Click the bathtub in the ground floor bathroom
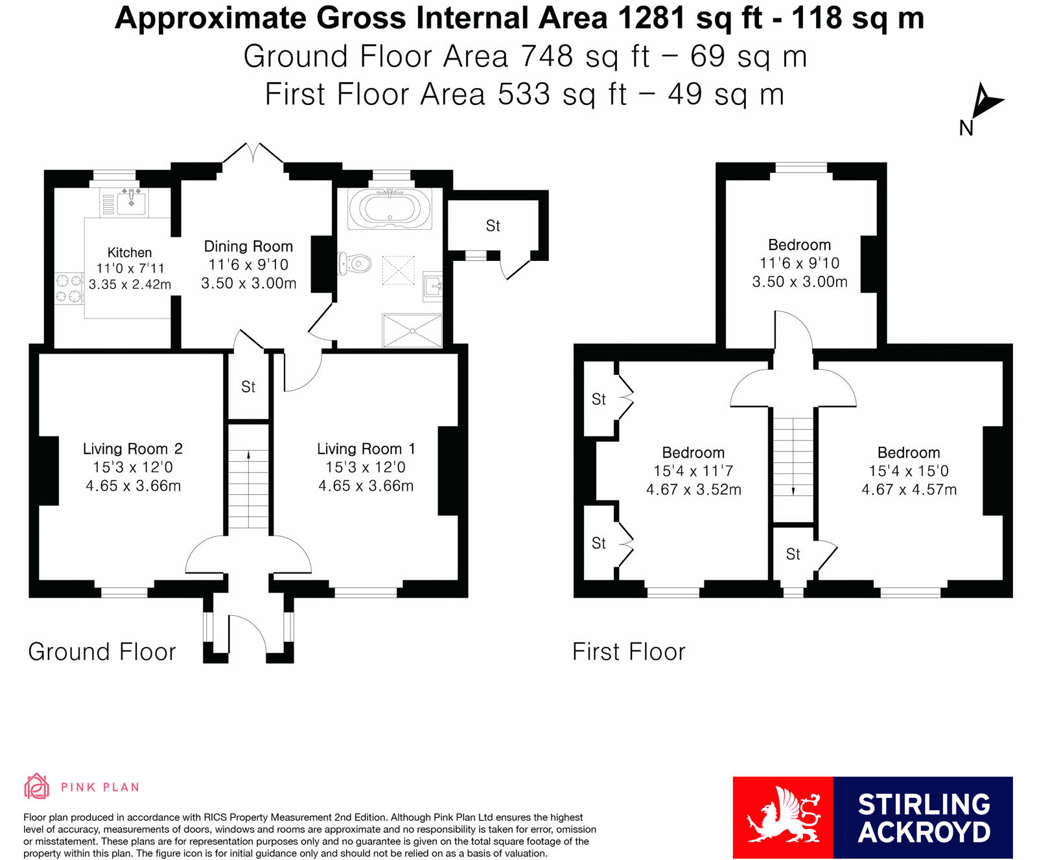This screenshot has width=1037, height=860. click(x=389, y=209)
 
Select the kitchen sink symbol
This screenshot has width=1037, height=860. click(x=132, y=202)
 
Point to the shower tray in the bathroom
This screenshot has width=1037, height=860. click(x=412, y=330)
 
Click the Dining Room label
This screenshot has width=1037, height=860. click(x=248, y=247)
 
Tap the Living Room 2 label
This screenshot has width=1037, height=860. click(x=133, y=449)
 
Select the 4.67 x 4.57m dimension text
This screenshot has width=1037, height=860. click(x=909, y=490)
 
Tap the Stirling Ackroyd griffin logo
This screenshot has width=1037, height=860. click(x=783, y=817)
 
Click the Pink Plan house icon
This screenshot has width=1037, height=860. click(x=37, y=786)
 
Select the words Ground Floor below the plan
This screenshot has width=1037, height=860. click(x=102, y=651)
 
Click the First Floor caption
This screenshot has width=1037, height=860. click(x=628, y=651)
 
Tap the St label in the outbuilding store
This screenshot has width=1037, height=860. click(x=493, y=226)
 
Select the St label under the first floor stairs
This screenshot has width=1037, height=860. click(x=793, y=554)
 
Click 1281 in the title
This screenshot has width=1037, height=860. click(x=651, y=18)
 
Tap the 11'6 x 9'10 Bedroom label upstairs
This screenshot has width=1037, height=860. click(x=799, y=245)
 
